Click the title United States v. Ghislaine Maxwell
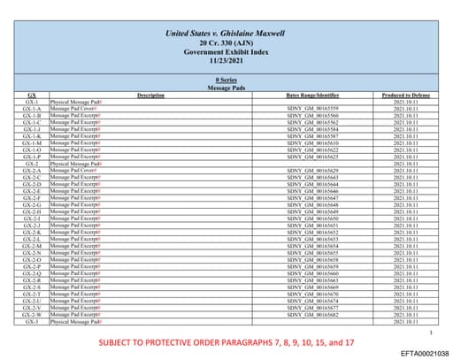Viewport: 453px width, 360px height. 226,34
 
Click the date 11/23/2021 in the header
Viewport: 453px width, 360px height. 226,61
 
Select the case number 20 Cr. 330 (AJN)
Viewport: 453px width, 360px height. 226,42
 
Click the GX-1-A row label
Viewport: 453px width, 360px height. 32,109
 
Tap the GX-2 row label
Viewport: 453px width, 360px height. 32,165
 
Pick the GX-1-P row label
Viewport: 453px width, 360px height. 32,157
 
